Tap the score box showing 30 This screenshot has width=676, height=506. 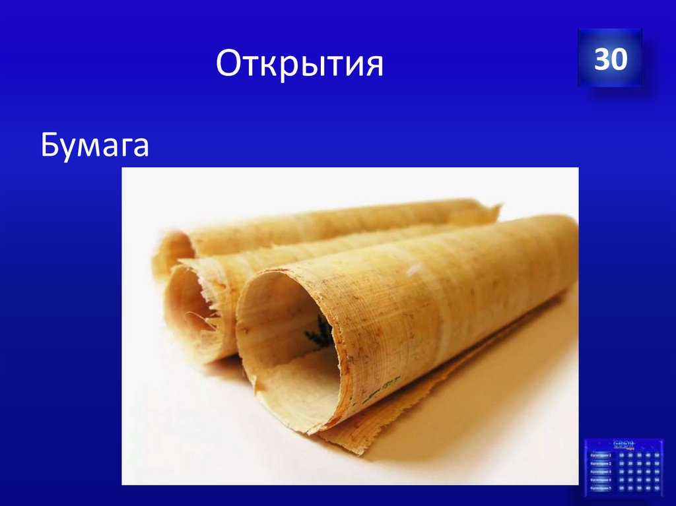(610, 59)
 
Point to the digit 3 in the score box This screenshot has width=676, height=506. (601, 59)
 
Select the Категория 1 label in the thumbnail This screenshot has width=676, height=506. (601, 455)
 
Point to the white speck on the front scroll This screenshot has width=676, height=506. (415, 269)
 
